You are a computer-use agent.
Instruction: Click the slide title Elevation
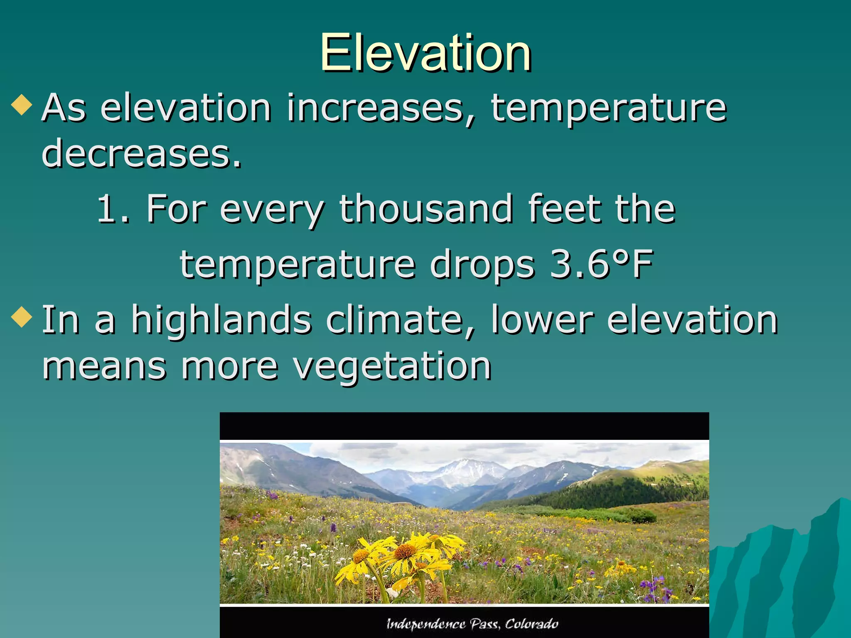coord(425,53)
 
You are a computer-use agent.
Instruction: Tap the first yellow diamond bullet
coord(22,106)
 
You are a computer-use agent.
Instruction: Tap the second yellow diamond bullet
coord(22,317)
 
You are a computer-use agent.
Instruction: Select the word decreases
coord(141,154)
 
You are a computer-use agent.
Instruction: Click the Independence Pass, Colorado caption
coord(472,624)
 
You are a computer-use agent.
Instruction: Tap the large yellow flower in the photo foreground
coord(405,552)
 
